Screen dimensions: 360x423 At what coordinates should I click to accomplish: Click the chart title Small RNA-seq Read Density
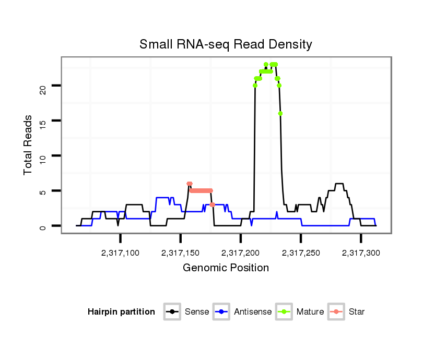pyautogui.click(x=226, y=44)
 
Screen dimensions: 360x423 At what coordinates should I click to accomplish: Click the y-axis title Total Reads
pyautogui.click(x=28, y=145)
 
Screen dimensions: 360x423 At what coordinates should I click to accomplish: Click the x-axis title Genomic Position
pyautogui.click(x=226, y=268)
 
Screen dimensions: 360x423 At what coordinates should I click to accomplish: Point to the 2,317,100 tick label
pyautogui.click(x=120, y=253)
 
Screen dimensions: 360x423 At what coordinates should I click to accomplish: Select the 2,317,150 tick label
pyautogui.click(x=181, y=253)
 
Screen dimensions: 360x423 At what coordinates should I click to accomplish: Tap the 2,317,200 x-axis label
pyautogui.click(x=241, y=253)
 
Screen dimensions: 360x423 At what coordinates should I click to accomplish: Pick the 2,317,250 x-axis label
pyautogui.click(x=301, y=253)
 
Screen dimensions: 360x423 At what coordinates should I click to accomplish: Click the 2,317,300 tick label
pyautogui.click(x=361, y=253)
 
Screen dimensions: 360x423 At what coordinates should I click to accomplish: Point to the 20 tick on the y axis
pyautogui.click(x=43, y=86)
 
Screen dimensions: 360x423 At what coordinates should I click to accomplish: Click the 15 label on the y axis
pyautogui.click(x=43, y=121)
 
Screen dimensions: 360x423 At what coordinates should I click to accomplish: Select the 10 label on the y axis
pyautogui.click(x=43, y=156)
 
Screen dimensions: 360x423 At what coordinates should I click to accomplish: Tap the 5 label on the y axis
pyautogui.click(x=43, y=191)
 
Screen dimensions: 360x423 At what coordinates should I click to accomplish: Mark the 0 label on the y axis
pyautogui.click(x=43, y=226)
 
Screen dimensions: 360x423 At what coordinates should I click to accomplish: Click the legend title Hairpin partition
pyautogui.click(x=121, y=312)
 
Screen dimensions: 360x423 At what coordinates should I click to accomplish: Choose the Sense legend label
pyautogui.click(x=197, y=312)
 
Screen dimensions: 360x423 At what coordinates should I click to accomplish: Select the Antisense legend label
pyautogui.click(x=253, y=312)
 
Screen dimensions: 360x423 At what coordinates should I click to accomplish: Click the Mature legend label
pyautogui.click(x=310, y=312)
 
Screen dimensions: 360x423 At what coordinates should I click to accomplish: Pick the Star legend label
pyautogui.click(x=357, y=312)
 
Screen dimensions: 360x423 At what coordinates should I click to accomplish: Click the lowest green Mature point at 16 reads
pyautogui.click(x=280, y=113)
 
